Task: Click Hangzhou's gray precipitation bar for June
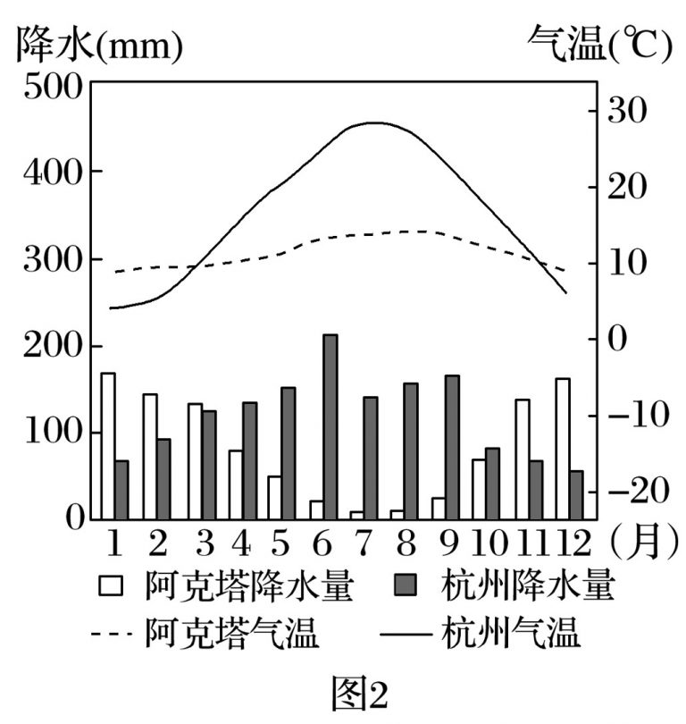click(330, 426)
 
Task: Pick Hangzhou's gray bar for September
click(452, 447)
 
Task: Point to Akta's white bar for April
click(236, 484)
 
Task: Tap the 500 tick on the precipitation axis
click(57, 87)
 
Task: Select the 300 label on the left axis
click(57, 260)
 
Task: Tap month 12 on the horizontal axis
click(567, 543)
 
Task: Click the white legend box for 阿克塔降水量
click(112, 587)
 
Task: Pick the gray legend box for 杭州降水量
click(409, 587)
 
